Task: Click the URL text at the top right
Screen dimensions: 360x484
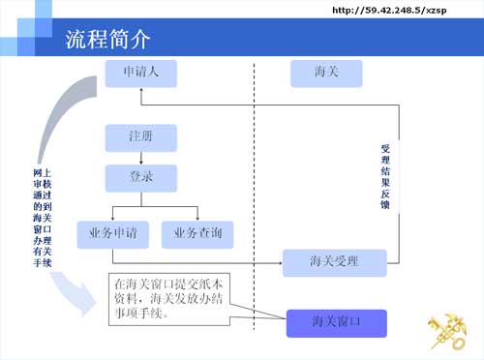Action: click(396, 10)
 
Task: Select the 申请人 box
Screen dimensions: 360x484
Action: click(140, 74)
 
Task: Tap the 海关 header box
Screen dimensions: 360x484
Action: click(326, 74)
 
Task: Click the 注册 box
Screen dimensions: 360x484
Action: click(140, 136)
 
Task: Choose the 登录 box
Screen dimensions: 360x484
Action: click(140, 178)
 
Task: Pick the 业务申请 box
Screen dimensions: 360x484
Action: click(112, 233)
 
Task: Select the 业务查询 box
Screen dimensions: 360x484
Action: click(197, 233)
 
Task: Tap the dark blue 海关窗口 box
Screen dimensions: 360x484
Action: click(336, 323)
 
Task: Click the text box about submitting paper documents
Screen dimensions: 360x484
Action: click(169, 299)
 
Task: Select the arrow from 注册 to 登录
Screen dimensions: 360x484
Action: click(140, 159)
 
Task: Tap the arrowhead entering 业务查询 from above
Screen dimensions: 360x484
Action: click(197, 216)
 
